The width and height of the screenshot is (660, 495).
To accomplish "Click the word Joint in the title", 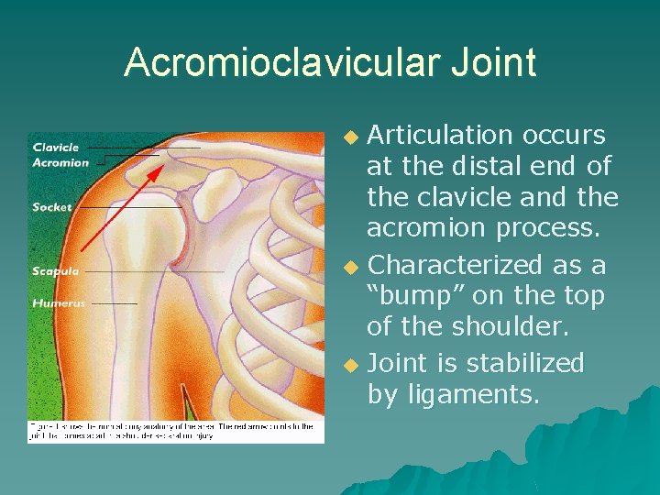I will [492, 63].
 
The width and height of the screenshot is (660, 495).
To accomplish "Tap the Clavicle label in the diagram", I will [56, 147].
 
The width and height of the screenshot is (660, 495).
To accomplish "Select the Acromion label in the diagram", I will [60, 162].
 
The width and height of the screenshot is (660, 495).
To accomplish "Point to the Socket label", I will [51, 207].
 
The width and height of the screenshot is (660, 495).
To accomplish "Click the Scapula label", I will [55, 271].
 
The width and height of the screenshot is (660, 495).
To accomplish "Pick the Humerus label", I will [59, 302].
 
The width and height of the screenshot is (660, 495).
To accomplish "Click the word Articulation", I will [439, 136].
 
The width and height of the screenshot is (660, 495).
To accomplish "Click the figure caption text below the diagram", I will [174, 432].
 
